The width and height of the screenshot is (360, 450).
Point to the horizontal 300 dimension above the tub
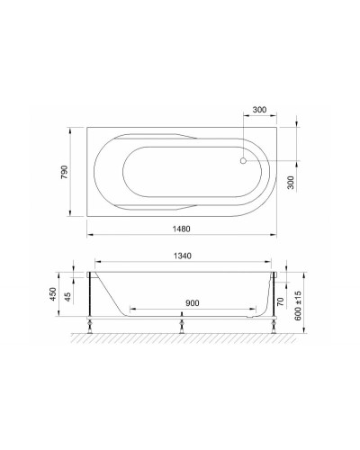(259, 110)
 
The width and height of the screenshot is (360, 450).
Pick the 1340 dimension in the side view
(185, 255)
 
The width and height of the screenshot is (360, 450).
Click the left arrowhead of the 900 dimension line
(131, 311)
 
